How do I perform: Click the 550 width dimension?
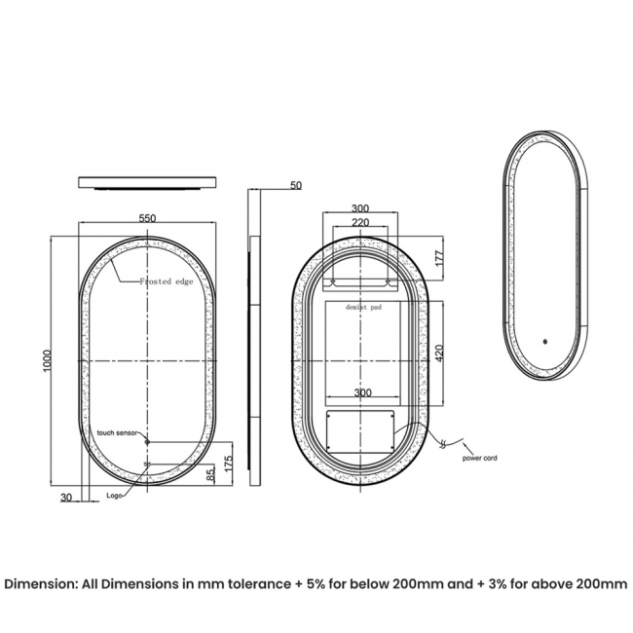pos(147,218)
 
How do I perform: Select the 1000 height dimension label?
pos(48,359)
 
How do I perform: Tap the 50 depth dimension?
pos(296,185)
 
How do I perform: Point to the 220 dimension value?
pos(360,222)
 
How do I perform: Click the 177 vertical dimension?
pos(439,258)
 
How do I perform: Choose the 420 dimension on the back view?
pos(439,352)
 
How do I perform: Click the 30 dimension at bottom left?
pos(66,498)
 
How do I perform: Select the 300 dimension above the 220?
pos(360,208)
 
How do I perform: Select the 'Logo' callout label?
pos(118,497)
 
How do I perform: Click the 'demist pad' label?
pos(362,306)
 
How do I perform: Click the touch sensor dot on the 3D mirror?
pos(544,342)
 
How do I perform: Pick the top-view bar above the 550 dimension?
pos(146,182)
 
